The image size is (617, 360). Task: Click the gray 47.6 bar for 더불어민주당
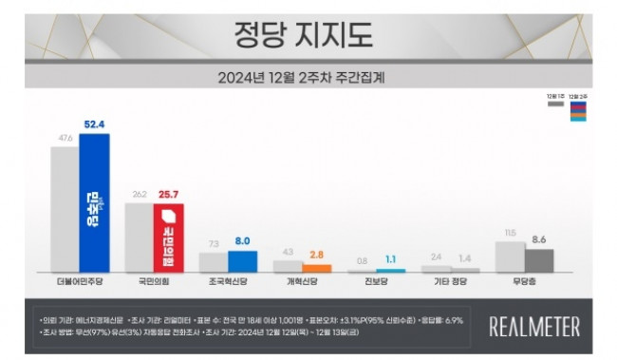[65, 209]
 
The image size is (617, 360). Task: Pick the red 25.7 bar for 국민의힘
[168, 237]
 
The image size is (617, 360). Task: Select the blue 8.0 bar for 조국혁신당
[242, 261]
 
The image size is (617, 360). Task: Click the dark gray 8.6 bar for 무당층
[539, 260]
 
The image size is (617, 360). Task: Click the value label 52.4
[94, 123]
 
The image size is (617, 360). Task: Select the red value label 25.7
[169, 194]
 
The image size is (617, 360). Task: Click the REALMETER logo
[534, 326]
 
